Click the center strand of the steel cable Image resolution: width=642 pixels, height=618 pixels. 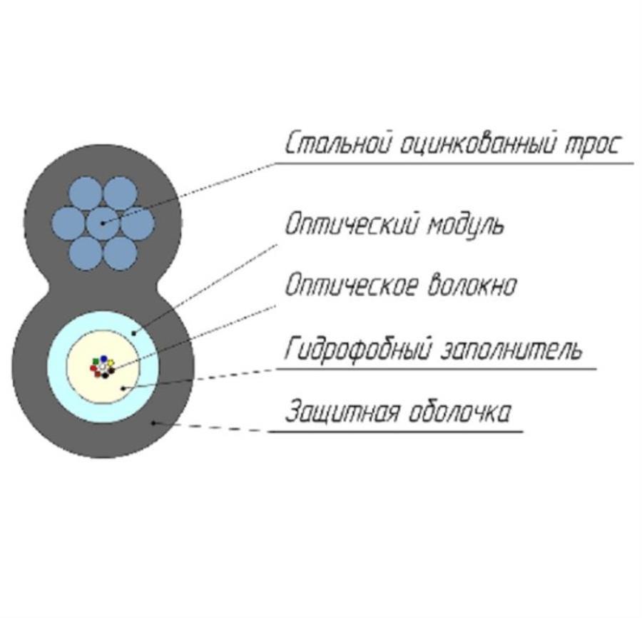(104, 223)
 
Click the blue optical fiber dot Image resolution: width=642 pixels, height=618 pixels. (104, 359)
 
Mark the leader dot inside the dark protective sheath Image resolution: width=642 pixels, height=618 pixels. (153, 422)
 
